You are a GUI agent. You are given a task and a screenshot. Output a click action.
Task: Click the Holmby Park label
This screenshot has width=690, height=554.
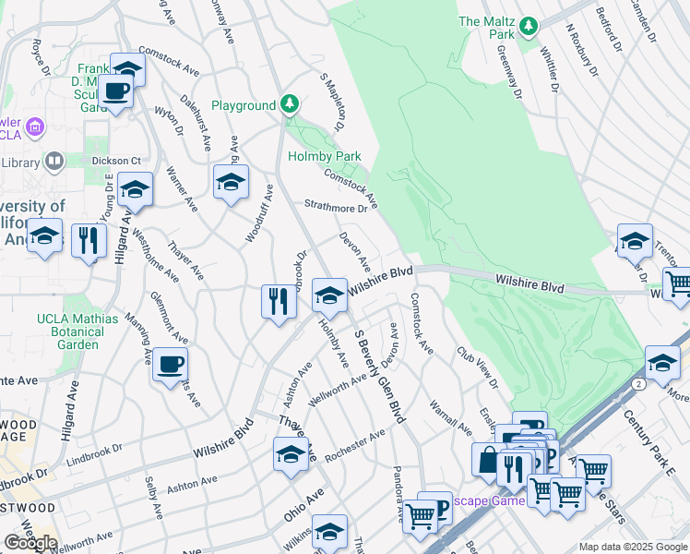point(323,157)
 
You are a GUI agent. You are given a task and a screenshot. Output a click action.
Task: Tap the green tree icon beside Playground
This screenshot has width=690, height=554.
point(290,102)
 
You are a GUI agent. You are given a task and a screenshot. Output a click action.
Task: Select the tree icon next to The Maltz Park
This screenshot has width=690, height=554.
point(528,25)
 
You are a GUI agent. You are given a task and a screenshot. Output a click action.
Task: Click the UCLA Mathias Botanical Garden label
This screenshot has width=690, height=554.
point(78,331)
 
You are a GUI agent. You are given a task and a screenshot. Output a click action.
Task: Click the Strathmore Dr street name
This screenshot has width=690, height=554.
point(337,208)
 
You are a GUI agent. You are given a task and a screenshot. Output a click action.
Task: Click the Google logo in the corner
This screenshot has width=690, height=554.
point(30,543)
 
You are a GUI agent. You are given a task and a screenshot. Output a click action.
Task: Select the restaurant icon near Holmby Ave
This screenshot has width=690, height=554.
point(280,301)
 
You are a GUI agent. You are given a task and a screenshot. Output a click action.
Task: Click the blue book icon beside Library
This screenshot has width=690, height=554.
point(54,163)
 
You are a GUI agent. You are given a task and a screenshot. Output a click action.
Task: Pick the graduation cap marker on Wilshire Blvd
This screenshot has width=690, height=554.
point(328,296)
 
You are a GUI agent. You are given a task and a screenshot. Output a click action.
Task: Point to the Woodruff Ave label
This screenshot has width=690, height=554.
point(261,213)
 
